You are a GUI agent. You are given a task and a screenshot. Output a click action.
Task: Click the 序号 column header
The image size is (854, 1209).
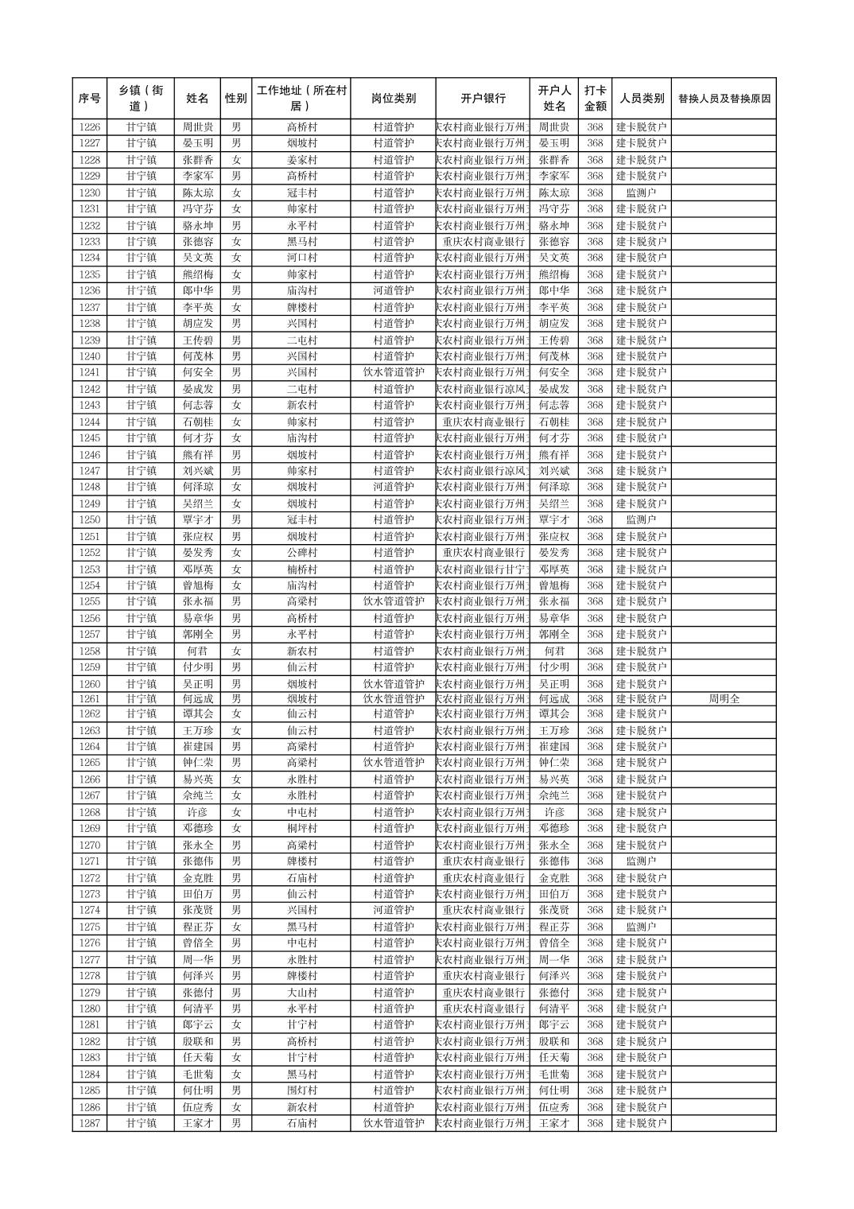[90, 99]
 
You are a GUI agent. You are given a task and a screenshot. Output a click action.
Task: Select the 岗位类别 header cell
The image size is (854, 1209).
[393, 99]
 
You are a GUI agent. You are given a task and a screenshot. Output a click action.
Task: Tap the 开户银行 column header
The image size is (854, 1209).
[483, 99]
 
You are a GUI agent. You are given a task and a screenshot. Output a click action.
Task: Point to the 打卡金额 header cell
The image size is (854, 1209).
[595, 99]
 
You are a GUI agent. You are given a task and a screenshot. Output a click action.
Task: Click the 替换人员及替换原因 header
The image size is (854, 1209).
[724, 99]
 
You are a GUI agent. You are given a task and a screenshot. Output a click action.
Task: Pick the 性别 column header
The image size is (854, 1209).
[235, 99]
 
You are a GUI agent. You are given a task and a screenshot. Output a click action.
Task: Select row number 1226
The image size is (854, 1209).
[90, 126]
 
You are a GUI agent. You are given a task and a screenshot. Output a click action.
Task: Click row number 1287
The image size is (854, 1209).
[90, 1123]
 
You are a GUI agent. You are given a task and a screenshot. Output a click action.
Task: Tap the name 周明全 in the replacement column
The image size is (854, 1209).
[724, 698]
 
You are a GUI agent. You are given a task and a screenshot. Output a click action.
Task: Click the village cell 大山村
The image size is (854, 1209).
[301, 993]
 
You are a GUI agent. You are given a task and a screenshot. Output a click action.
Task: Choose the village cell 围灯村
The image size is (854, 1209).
[301, 1090]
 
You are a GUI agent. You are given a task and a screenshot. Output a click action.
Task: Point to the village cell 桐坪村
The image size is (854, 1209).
[301, 828]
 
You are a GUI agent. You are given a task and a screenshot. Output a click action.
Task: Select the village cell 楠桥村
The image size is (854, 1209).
[301, 569]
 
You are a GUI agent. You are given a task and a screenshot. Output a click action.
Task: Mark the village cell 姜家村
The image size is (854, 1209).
[301, 160]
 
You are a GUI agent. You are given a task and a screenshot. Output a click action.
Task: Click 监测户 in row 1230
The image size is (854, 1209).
[641, 192]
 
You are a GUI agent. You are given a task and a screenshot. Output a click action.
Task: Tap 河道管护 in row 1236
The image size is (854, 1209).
[393, 290]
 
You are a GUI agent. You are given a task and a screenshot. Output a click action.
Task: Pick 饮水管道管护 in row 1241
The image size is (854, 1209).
[393, 371]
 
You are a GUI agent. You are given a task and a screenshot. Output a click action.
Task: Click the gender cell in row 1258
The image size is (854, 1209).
[235, 651]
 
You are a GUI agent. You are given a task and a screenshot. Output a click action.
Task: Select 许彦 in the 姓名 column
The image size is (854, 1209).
[197, 812]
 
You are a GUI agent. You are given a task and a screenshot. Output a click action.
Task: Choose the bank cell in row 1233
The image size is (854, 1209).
[483, 241]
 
